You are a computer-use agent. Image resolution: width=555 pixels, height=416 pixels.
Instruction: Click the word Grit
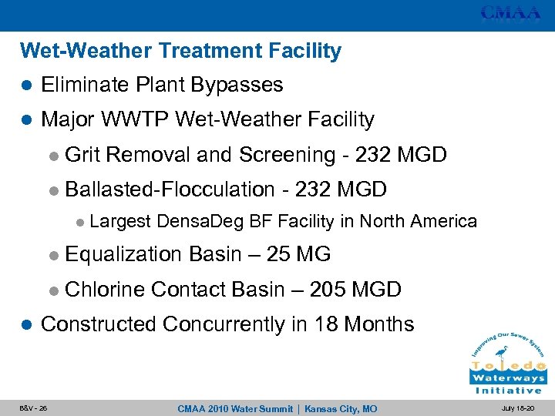click(84, 155)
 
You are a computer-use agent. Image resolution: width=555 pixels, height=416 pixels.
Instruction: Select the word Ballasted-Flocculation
click(170, 189)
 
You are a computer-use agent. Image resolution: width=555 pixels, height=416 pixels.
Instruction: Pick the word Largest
click(119, 222)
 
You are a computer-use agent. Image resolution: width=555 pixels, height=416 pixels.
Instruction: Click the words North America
click(432, 222)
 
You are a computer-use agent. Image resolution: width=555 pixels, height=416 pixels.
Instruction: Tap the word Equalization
click(124, 253)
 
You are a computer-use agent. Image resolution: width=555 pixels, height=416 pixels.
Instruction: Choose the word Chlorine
click(105, 290)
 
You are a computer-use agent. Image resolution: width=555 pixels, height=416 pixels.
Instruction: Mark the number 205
click(327, 290)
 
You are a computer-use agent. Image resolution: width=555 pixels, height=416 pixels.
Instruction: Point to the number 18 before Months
click(322, 324)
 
